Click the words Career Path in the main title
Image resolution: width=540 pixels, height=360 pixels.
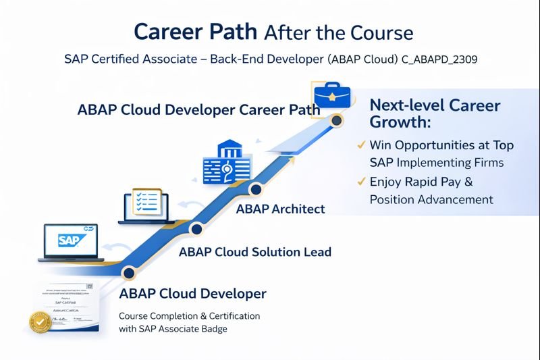[196, 32]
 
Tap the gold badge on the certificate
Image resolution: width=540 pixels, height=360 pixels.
[40, 323]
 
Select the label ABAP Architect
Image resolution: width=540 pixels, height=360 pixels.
[280, 209]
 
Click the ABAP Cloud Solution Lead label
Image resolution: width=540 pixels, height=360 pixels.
[255, 252]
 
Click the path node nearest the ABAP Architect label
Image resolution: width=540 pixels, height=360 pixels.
[255, 188]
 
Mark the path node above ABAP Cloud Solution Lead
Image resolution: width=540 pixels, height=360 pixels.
[196, 230]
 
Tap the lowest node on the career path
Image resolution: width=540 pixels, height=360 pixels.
[126, 272]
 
